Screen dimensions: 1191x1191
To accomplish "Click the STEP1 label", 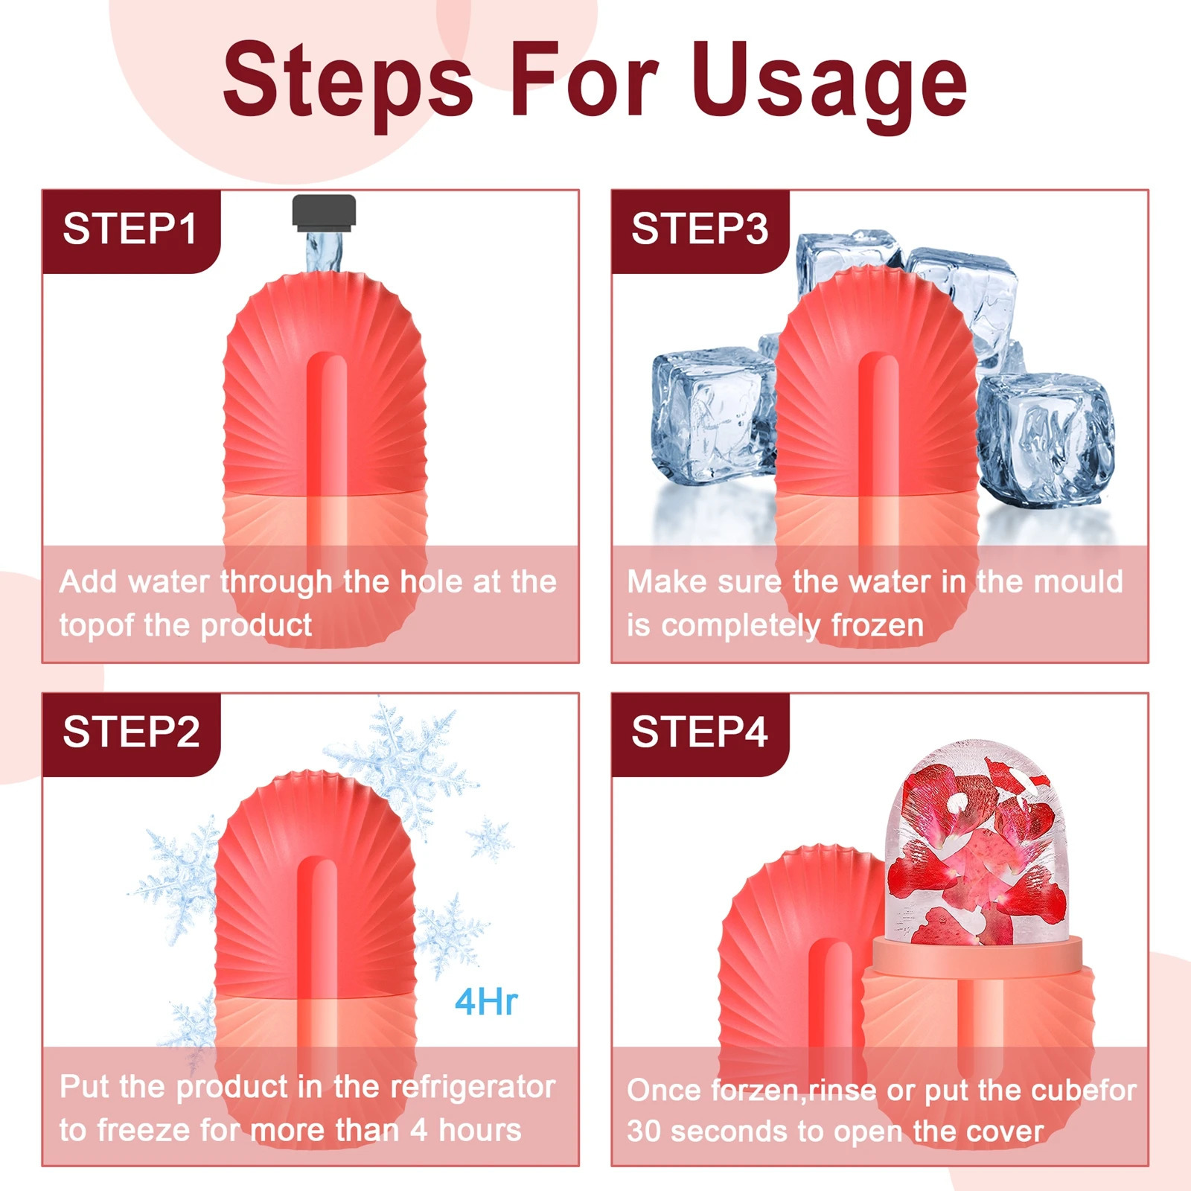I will [x=130, y=229].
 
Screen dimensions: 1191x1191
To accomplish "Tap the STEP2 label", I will [x=132, y=732].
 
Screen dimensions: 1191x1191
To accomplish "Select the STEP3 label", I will [x=700, y=229].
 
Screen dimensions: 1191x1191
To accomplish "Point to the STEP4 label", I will [x=700, y=732].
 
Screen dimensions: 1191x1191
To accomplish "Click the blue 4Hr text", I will [x=486, y=1002].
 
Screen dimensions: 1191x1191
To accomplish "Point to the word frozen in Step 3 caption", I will [x=878, y=625].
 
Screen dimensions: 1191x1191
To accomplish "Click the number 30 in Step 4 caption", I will [x=644, y=1131].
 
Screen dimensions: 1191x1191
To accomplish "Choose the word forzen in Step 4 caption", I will [x=754, y=1091].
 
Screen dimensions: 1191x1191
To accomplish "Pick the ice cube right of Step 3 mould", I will [x=1046, y=439].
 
